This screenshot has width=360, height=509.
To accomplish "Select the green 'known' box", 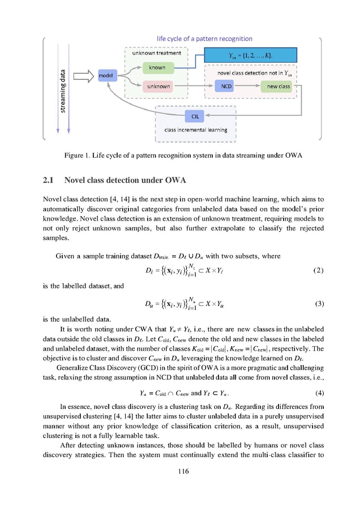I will tap(157, 68).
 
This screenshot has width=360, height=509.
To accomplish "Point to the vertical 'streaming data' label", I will tap(63, 90).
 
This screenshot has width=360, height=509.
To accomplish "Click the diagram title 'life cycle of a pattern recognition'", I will tap(204, 38).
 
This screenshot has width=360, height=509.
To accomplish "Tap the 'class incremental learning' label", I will tap(195, 130).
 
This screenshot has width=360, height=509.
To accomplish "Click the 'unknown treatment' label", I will tap(156, 53).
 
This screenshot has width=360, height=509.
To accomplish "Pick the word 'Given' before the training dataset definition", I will tap(66, 256).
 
